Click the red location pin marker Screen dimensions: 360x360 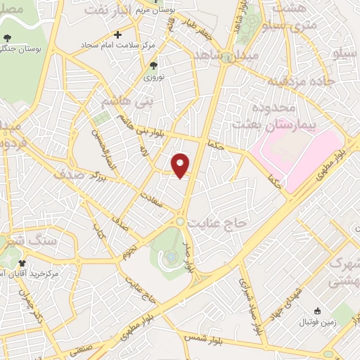(x=181, y=165)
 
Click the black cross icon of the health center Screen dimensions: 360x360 (x=117, y=34)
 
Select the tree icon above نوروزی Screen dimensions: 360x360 (x=154, y=65)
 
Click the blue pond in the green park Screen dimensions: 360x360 (x=171, y=259)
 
